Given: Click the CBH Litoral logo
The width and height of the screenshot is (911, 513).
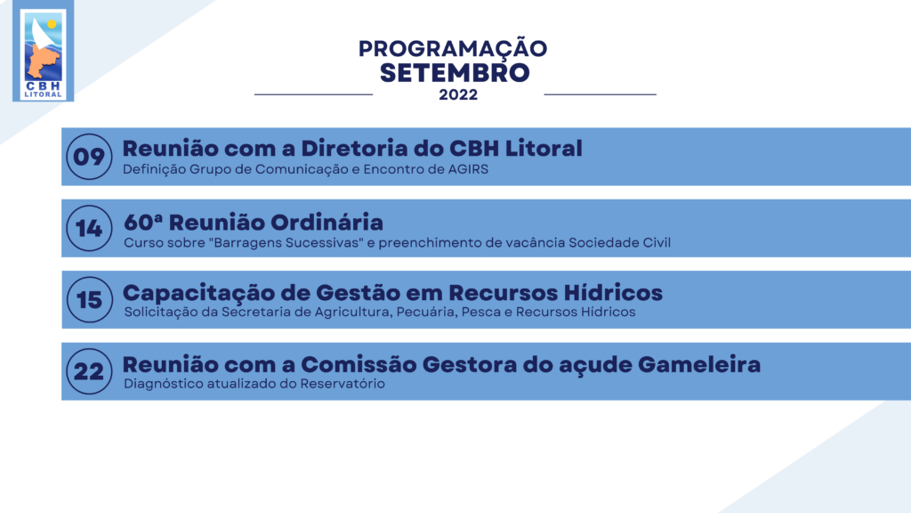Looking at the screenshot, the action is click(x=43, y=51).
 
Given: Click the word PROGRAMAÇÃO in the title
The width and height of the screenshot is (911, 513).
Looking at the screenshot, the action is click(x=453, y=48).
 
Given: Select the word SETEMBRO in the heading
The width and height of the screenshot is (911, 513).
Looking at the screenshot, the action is click(x=455, y=73).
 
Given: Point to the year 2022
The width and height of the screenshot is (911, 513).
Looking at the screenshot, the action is click(x=458, y=94).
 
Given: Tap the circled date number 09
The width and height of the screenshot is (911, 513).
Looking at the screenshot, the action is click(x=89, y=157).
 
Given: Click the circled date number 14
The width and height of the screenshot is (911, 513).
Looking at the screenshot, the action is click(x=89, y=228).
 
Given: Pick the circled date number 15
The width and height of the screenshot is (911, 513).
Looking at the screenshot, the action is click(x=90, y=299).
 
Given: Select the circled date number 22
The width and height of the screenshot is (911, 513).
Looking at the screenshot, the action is click(x=89, y=371).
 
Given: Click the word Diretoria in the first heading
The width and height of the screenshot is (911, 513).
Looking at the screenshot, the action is click(x=354, y=149).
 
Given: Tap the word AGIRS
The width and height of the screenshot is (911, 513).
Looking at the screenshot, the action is click(x=468, y=169).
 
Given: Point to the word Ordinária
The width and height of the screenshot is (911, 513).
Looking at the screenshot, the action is click(x=327, y=222).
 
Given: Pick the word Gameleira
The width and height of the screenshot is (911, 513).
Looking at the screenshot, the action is click(x=699, y=364).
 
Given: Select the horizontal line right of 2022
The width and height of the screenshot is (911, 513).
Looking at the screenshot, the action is click(x=601, y=94).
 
